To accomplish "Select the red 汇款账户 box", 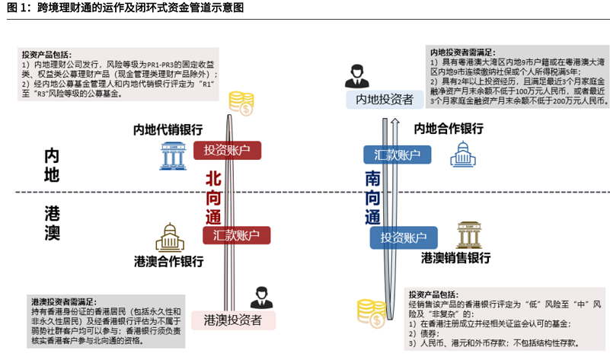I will [x=237, y=235].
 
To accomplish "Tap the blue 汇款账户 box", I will [x=397, y=155].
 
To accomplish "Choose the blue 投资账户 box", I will [x=404, y=237].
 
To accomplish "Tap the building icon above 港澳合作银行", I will [x=170, y=238].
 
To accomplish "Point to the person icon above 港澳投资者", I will [x=260, y=296].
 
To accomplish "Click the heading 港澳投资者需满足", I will [x=64, y=301].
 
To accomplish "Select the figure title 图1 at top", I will [x=126, y=9].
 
